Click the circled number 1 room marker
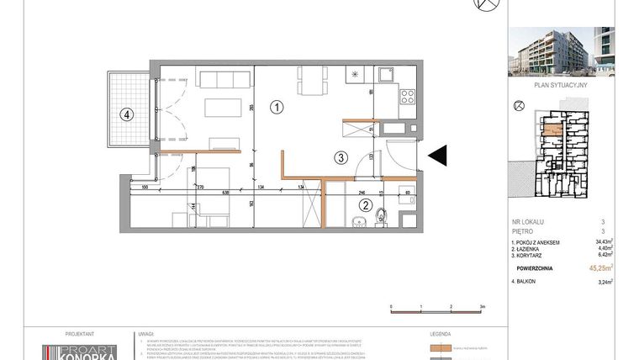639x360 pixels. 277,108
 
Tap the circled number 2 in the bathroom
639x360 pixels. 366,204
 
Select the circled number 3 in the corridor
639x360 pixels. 340,156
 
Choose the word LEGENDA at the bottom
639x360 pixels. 440,334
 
